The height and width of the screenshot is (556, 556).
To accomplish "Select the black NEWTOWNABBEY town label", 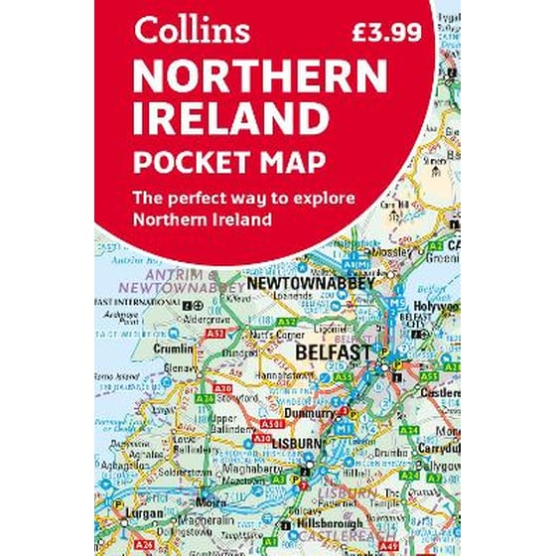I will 311,284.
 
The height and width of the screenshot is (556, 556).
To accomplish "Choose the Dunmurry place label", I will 310,409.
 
